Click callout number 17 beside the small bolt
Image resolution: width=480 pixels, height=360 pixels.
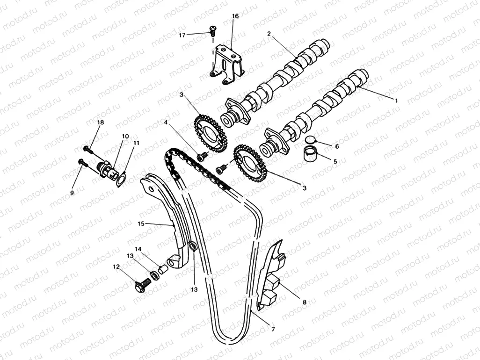(182, 35)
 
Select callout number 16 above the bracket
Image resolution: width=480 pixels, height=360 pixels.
(235, 16)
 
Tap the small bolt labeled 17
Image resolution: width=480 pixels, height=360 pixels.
(213, 31)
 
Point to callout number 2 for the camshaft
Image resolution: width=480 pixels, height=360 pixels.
(269, 34)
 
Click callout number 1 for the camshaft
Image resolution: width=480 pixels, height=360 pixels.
(396, 100)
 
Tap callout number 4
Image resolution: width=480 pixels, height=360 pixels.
(165, 122)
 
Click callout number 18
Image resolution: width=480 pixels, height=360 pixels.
(100, 122)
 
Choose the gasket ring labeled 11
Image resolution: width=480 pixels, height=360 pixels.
(121, 179)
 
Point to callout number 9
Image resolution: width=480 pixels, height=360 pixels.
(72, 192)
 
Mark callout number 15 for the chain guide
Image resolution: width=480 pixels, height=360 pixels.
(140, 223)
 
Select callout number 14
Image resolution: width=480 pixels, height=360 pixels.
(138, 249)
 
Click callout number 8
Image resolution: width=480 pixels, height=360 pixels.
(305, 302)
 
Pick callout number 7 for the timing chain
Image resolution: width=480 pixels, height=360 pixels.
(273, 329)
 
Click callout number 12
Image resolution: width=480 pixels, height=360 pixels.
(116, 266)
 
